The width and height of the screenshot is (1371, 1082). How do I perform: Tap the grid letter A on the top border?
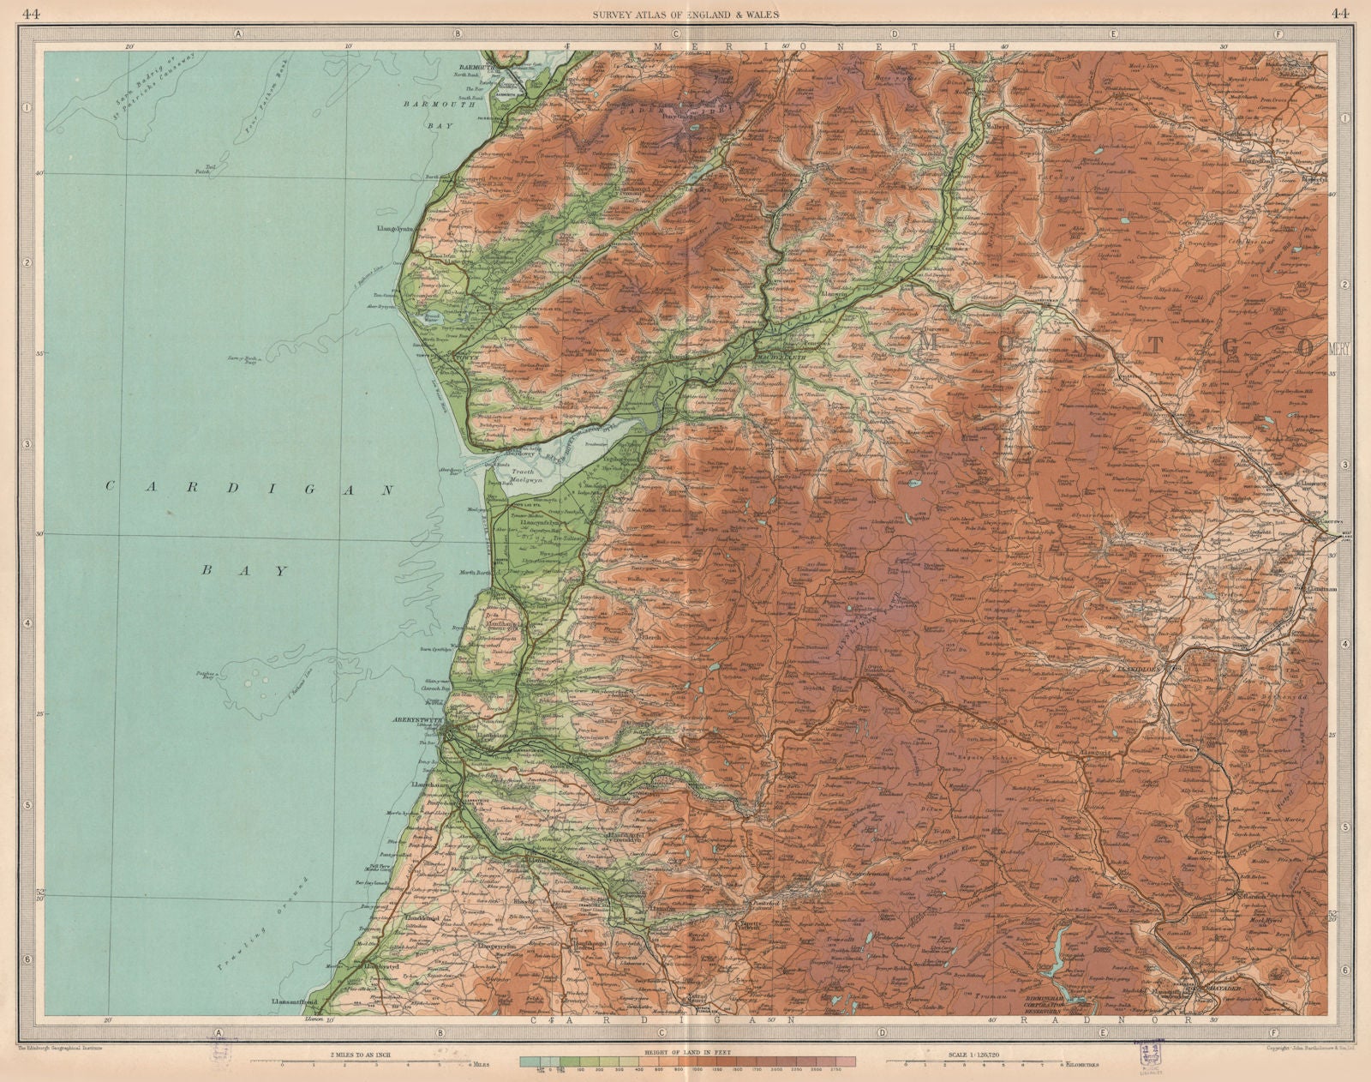pos(237,33)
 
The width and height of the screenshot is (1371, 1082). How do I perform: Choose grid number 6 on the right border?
pos(1345,970)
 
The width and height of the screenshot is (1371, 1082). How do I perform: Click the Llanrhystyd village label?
pos(380,967)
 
